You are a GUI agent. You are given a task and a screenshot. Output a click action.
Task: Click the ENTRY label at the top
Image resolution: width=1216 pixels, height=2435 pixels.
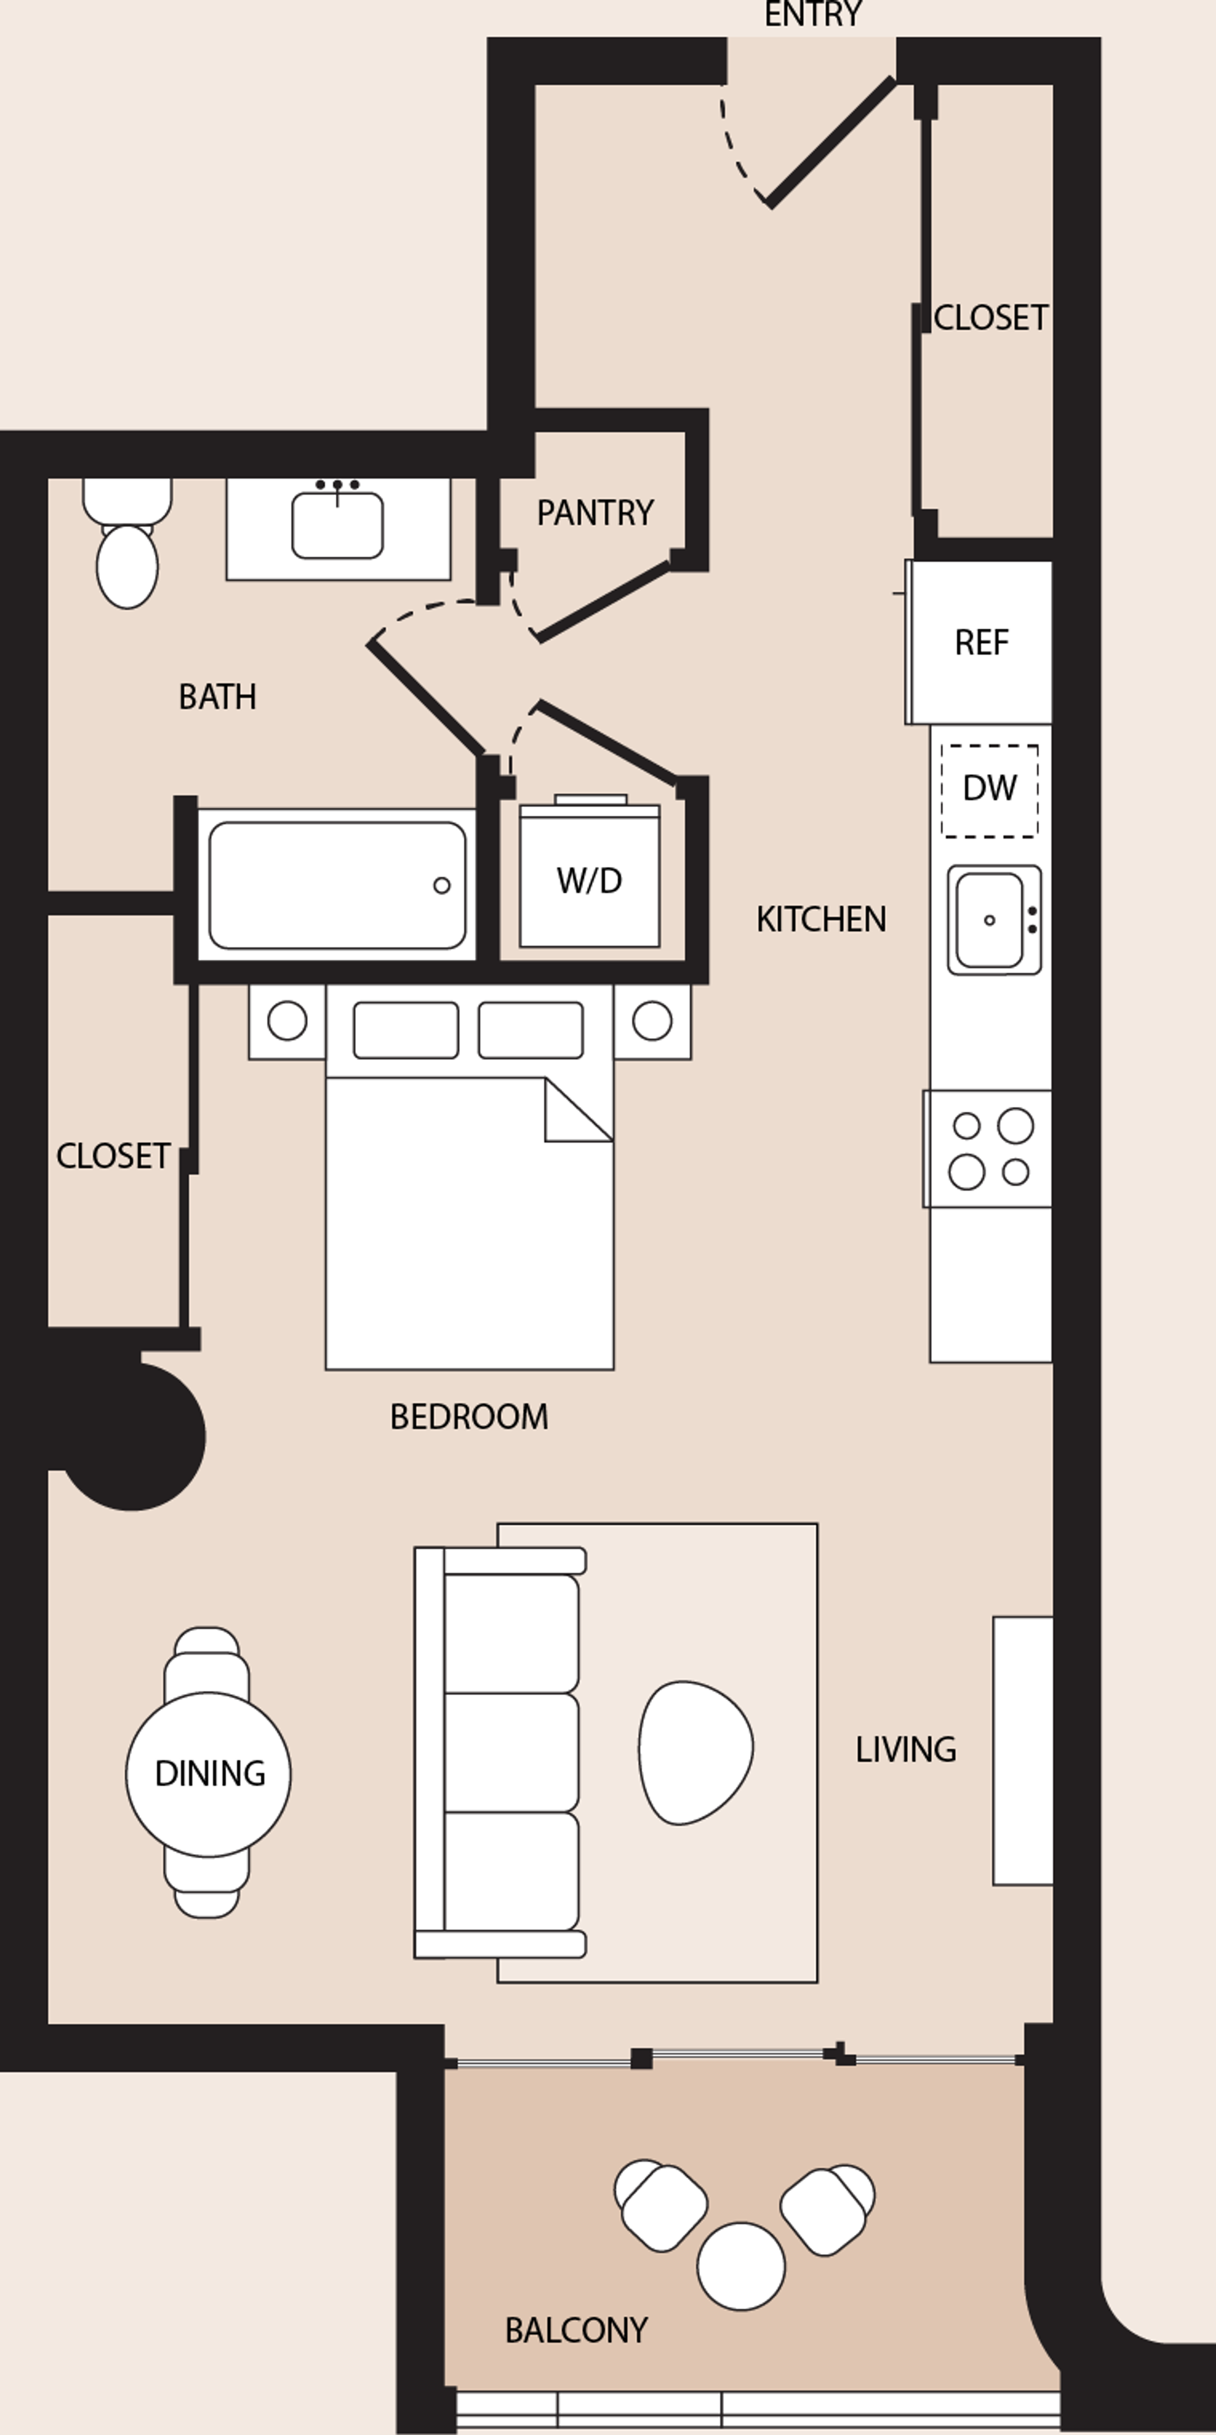point(812,14)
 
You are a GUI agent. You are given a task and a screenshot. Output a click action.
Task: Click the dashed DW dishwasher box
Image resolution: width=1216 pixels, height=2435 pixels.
point(989,790)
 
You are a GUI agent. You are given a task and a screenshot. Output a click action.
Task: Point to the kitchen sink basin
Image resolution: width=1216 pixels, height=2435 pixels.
point(989,920)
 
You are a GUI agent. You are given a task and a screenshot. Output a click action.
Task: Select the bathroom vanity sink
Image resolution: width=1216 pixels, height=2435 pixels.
point(337,525)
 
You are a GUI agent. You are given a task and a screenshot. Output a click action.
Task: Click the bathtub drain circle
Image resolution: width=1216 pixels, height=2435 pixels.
point(442,886)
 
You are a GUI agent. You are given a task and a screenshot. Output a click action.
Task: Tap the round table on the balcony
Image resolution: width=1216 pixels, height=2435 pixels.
point(741,2266)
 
